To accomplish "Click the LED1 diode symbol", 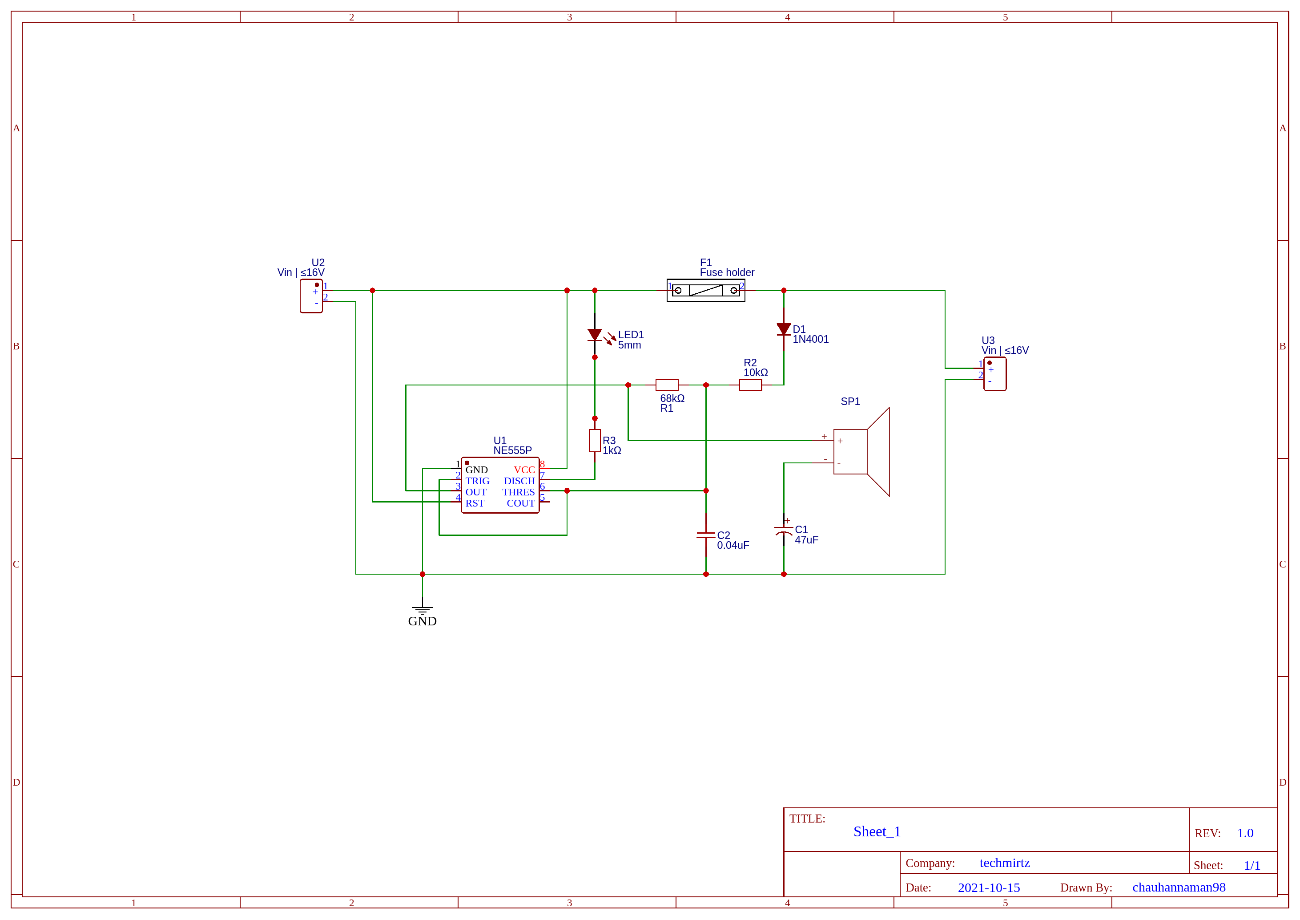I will tap(595, 335).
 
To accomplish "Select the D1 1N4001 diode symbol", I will tap(784, 329).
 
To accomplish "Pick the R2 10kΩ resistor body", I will tap(750, 385).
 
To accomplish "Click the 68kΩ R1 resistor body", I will tap(667, 385).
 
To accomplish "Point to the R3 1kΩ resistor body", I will tap(595, 441).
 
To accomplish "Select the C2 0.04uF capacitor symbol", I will tap(706, 535).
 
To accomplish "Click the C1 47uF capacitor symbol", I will tap(784, 531).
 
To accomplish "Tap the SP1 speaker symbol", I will tap(861, 452).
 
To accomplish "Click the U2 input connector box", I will tap(311, 296).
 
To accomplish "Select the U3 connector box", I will tap(995, 374).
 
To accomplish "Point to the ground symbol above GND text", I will tap(423, 610).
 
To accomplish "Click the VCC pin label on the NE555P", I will tap(524, 470).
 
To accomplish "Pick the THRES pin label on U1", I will tap(518, 492).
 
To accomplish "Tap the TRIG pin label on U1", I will tap(477, 481).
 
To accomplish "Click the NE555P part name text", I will tap(512, 450).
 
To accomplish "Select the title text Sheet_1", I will tap(877, 831).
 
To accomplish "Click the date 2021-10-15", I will tap(989, 888).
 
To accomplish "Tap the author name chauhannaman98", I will tap(1179, 888).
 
